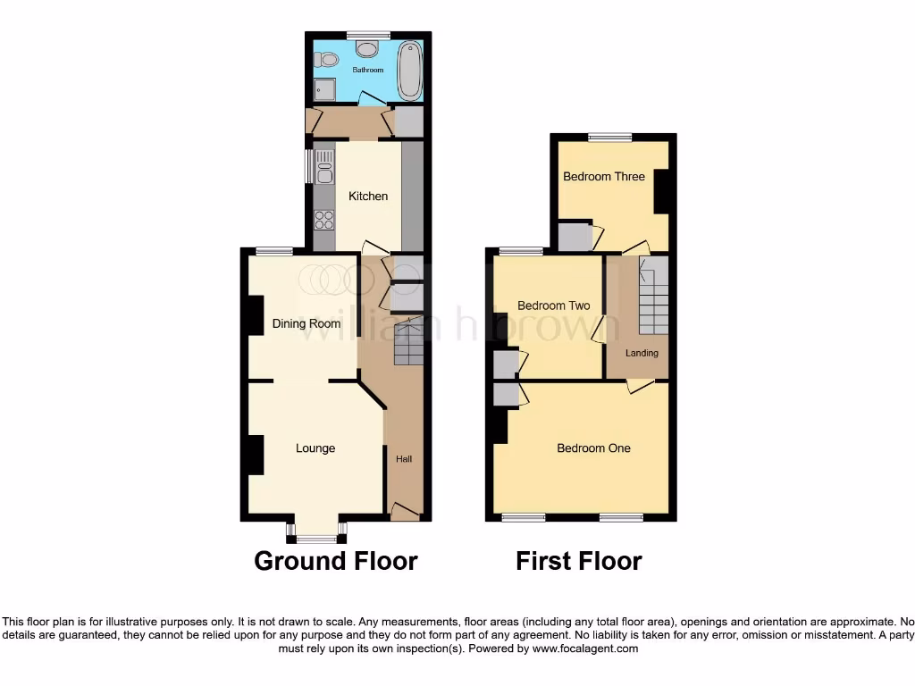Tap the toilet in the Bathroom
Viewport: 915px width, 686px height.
[328, 60]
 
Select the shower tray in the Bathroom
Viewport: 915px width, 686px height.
[323, 90]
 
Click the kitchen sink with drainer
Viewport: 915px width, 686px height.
[323, 167]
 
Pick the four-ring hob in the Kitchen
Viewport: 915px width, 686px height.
[323, 220]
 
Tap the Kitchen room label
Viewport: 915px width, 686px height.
[368, 196]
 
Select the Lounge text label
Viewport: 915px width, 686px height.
[315, 448]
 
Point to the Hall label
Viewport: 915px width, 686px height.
[404, 459]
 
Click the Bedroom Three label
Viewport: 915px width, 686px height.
[603, 176]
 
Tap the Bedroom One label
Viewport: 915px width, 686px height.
[593, 448]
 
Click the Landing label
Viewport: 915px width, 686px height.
[642, 353]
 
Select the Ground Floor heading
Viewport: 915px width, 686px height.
[336, 561]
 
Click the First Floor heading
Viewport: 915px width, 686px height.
[578, 561]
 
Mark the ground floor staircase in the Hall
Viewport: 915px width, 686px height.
[408, 343]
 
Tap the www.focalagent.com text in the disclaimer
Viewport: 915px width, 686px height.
[584, 648]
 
